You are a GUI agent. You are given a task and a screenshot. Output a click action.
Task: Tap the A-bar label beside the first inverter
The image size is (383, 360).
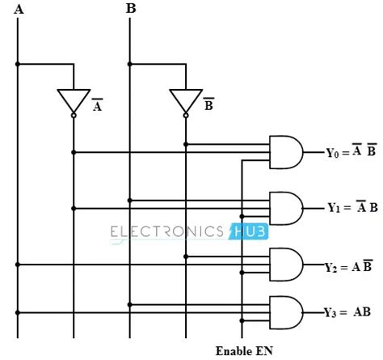point(97,106)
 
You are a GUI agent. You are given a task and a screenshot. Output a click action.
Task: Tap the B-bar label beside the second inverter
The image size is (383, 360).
point(208,106)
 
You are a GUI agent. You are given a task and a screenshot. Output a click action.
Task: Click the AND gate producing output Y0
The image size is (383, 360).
point(285,152)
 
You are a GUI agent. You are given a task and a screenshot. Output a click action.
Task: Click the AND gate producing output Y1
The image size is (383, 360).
point(285,207)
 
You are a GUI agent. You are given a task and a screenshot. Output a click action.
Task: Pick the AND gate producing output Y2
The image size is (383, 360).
point(285,265)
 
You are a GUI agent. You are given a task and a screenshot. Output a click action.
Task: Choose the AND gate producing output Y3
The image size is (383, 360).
point(285,311)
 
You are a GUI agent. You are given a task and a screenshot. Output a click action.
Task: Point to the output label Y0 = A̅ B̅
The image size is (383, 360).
point(351,152)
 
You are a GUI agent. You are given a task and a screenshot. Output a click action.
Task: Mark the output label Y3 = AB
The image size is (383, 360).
point(349,312)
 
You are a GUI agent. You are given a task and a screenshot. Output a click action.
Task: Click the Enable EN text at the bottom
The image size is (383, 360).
point(245,351)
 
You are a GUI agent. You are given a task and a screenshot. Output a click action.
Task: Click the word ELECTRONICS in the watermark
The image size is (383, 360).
point(167,232)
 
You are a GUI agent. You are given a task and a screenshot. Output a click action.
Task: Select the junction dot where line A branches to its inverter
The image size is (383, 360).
point(18,64)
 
